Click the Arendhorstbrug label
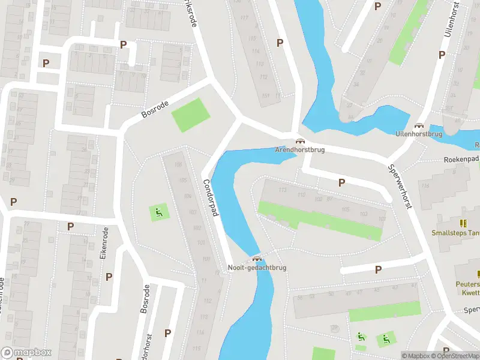[x=300, y=149]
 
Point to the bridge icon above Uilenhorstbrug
[x=419, y=125]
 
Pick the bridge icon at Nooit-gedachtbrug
[x=257, y=259]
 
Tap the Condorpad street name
[x=211, y=199]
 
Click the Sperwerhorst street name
[x=400, y=187]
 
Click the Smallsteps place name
[x=455, y=233]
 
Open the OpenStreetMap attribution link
[x=454, y=356]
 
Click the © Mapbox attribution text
[x=415, y=356]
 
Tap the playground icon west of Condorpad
[x=158, y=211]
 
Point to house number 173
[x=283, y=190]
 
